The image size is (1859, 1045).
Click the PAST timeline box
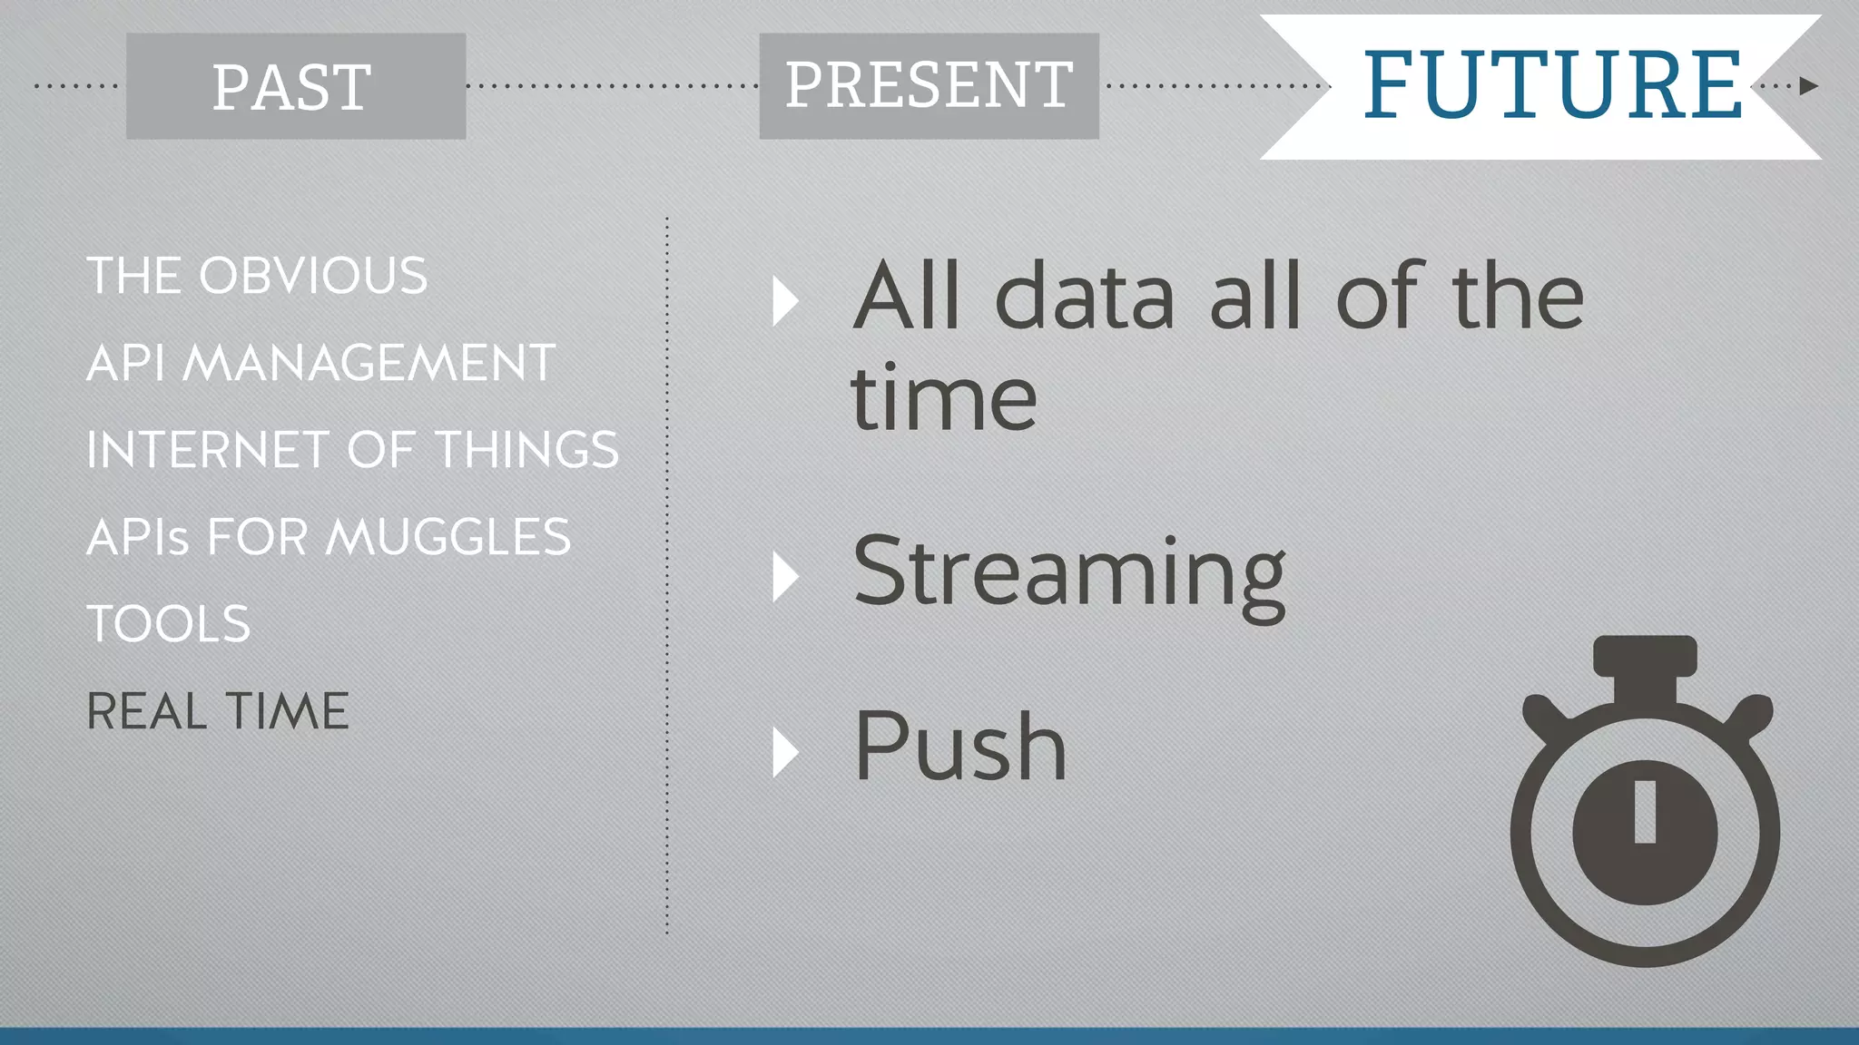point(295,86)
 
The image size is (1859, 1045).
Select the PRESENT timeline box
point(929,86)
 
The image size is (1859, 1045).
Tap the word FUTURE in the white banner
point(1552,86)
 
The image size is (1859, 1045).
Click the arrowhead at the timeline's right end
point(1809,86)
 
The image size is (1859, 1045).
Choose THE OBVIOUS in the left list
point(257,276)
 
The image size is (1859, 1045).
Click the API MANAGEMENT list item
point(320,363)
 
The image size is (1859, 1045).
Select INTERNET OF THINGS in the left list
point(352,450)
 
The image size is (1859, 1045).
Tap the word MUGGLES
point(448,537)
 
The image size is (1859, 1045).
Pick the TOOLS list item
point(169,624)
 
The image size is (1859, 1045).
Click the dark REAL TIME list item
point(218,711)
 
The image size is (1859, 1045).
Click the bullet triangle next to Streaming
point(784,577)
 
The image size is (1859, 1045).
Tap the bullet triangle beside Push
point(784,752)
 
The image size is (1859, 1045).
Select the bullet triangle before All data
point(784,301)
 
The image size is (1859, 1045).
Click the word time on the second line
point(943,399)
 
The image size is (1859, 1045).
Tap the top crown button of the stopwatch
point(1645,656)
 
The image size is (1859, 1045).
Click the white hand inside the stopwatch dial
point(1645,812)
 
